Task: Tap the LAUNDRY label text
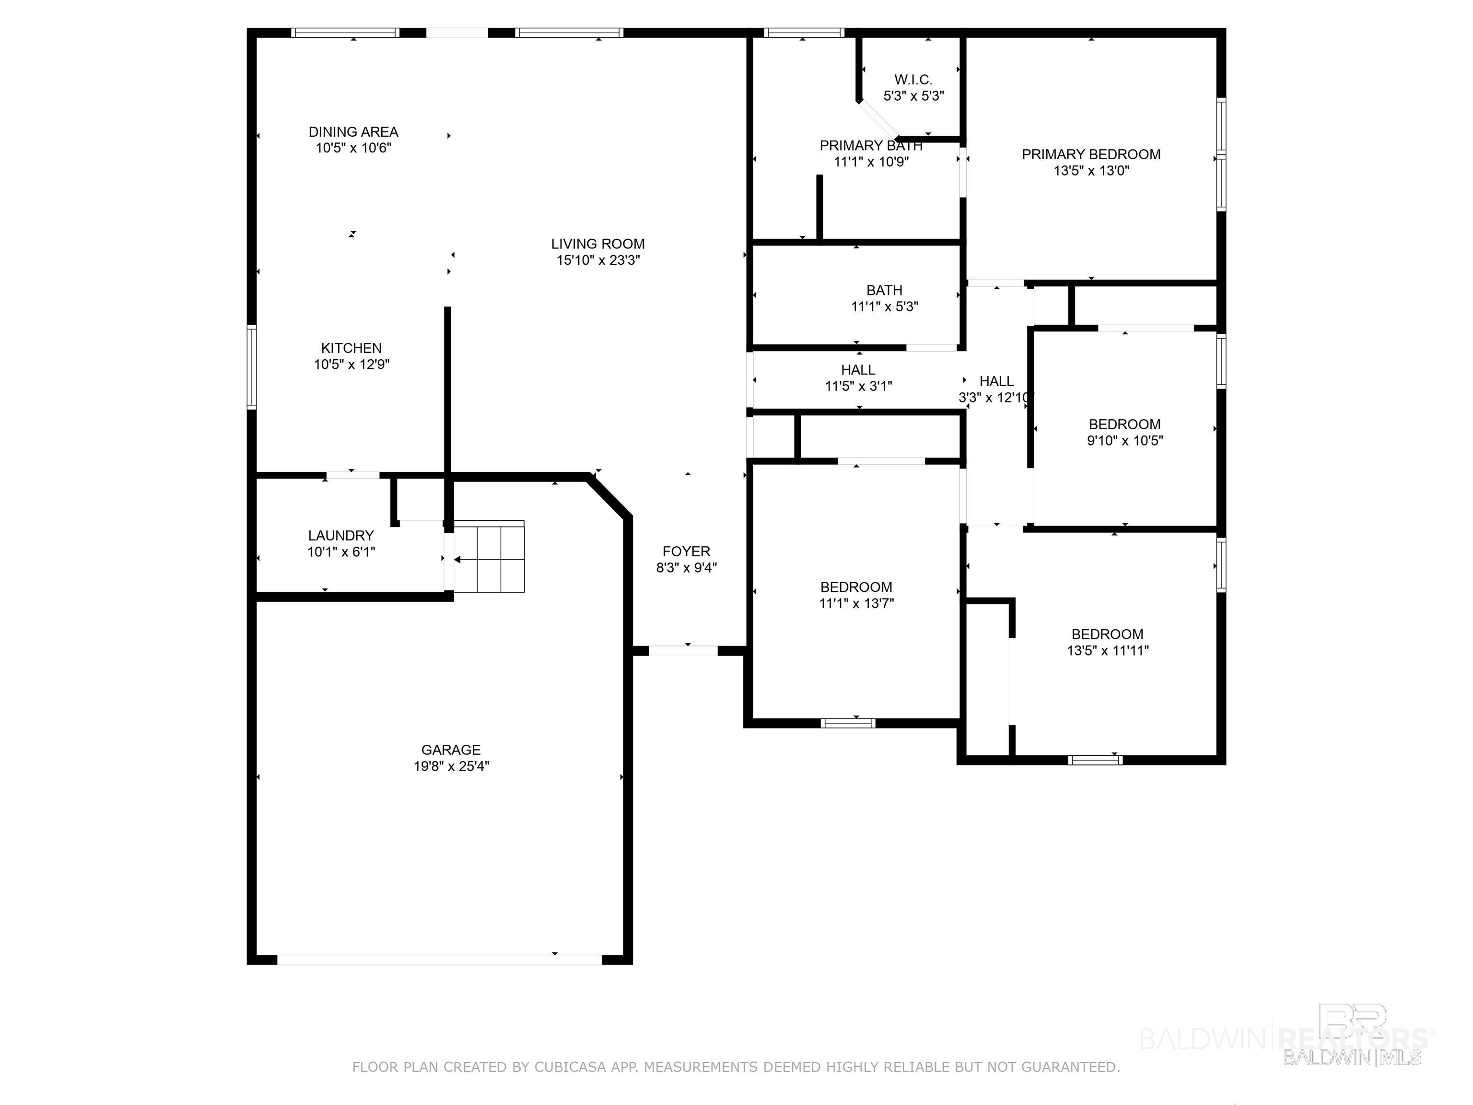[341, 536]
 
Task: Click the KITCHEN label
[351, 348]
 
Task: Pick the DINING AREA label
[353, 132]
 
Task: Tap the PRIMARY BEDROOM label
[1091, 154]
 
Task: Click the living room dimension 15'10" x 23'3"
[598, 260]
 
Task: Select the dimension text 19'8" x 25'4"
[451, 766]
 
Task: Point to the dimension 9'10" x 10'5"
[1125, 440]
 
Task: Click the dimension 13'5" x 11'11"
[1108, 651]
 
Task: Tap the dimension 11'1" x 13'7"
[856, 603]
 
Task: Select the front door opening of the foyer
[683, 651]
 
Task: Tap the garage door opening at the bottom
[440, 959]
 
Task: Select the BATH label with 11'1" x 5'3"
[884, 291]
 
